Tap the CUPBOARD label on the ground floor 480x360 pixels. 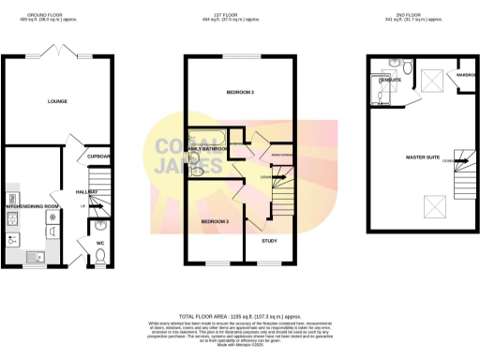tap(100, 156)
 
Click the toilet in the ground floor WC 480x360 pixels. tap(101, 250)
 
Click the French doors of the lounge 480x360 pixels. tap(61, 51)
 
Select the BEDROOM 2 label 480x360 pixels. tap(242, 92)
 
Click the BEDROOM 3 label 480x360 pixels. tap(215, 220)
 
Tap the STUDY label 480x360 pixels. tap(269, 241)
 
